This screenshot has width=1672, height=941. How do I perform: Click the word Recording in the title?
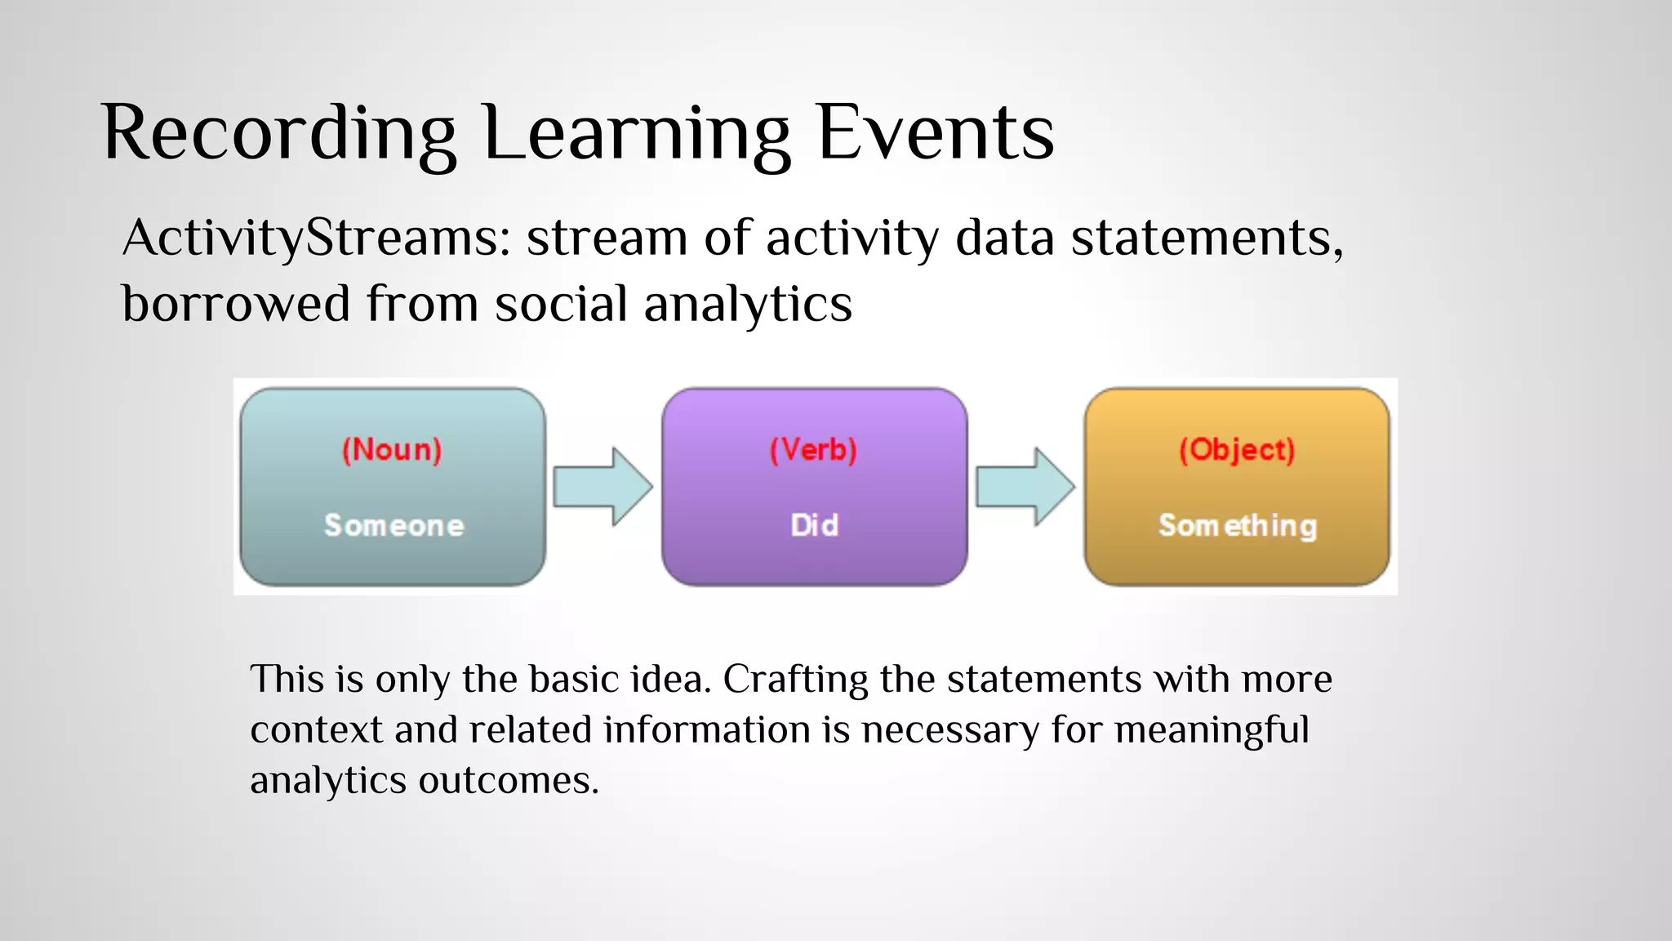tap(278, 133)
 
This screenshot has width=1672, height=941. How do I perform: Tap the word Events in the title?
tap(936, 133)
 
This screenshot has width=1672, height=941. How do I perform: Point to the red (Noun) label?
tap(392, 449)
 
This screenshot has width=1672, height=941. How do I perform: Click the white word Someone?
tap(394, 525)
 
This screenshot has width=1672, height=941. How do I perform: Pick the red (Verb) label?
tap(814, 449)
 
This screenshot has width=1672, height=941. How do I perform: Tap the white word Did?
tap(814, 525)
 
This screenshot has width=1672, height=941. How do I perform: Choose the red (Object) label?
tap(1237, 449)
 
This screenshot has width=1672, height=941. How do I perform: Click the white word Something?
tap(1237, 526)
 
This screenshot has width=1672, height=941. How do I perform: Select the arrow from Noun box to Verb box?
tap(603, 487)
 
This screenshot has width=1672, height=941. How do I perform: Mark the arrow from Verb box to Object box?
tap(1025, 487)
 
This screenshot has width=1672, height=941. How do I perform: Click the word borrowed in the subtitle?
tap(236, 304)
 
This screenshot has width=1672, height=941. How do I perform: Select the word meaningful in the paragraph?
tap(1212, 730)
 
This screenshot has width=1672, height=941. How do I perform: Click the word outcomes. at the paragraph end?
tap(509, 781)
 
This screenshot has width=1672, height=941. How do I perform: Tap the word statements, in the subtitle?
tap(1207, 239)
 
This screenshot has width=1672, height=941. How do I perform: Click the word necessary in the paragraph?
tap(950, 730)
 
